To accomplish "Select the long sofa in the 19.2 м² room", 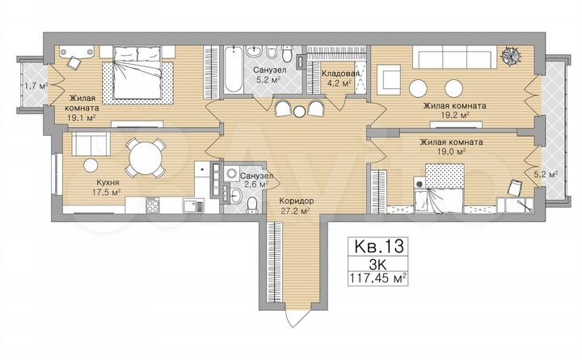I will (x=453, y=57).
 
